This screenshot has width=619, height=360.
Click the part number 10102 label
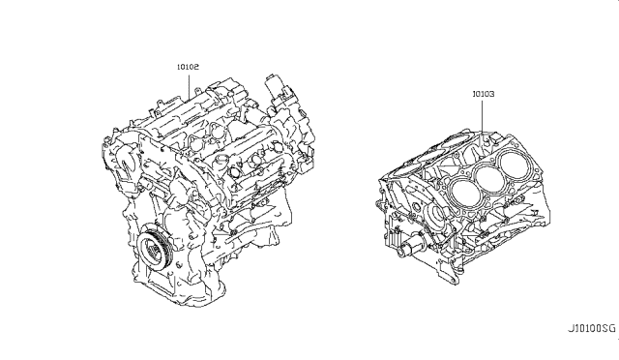(x=190, y=67)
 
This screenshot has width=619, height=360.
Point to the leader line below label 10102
(x=190, y=83)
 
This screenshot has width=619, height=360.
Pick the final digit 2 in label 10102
(x=200, y=67)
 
